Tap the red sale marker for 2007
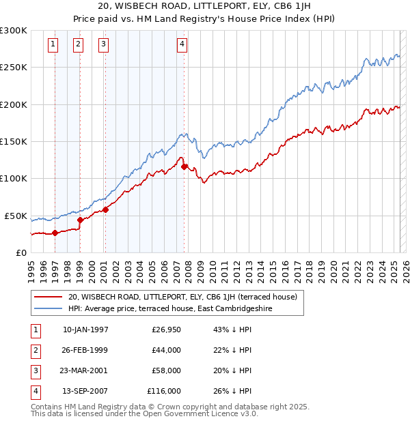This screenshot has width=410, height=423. click(184, 166)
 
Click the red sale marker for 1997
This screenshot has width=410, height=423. click(55, 233)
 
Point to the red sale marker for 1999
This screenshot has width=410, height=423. click(80, 220)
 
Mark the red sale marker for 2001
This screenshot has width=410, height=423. click(105, 209)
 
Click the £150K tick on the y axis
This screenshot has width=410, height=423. click(13, 141)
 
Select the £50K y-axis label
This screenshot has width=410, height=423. click(16, 216)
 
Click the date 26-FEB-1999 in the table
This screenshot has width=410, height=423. click(85, 350)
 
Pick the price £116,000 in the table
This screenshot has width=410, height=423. click(164, 391)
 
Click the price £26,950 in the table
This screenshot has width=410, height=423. click(166, 330)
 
